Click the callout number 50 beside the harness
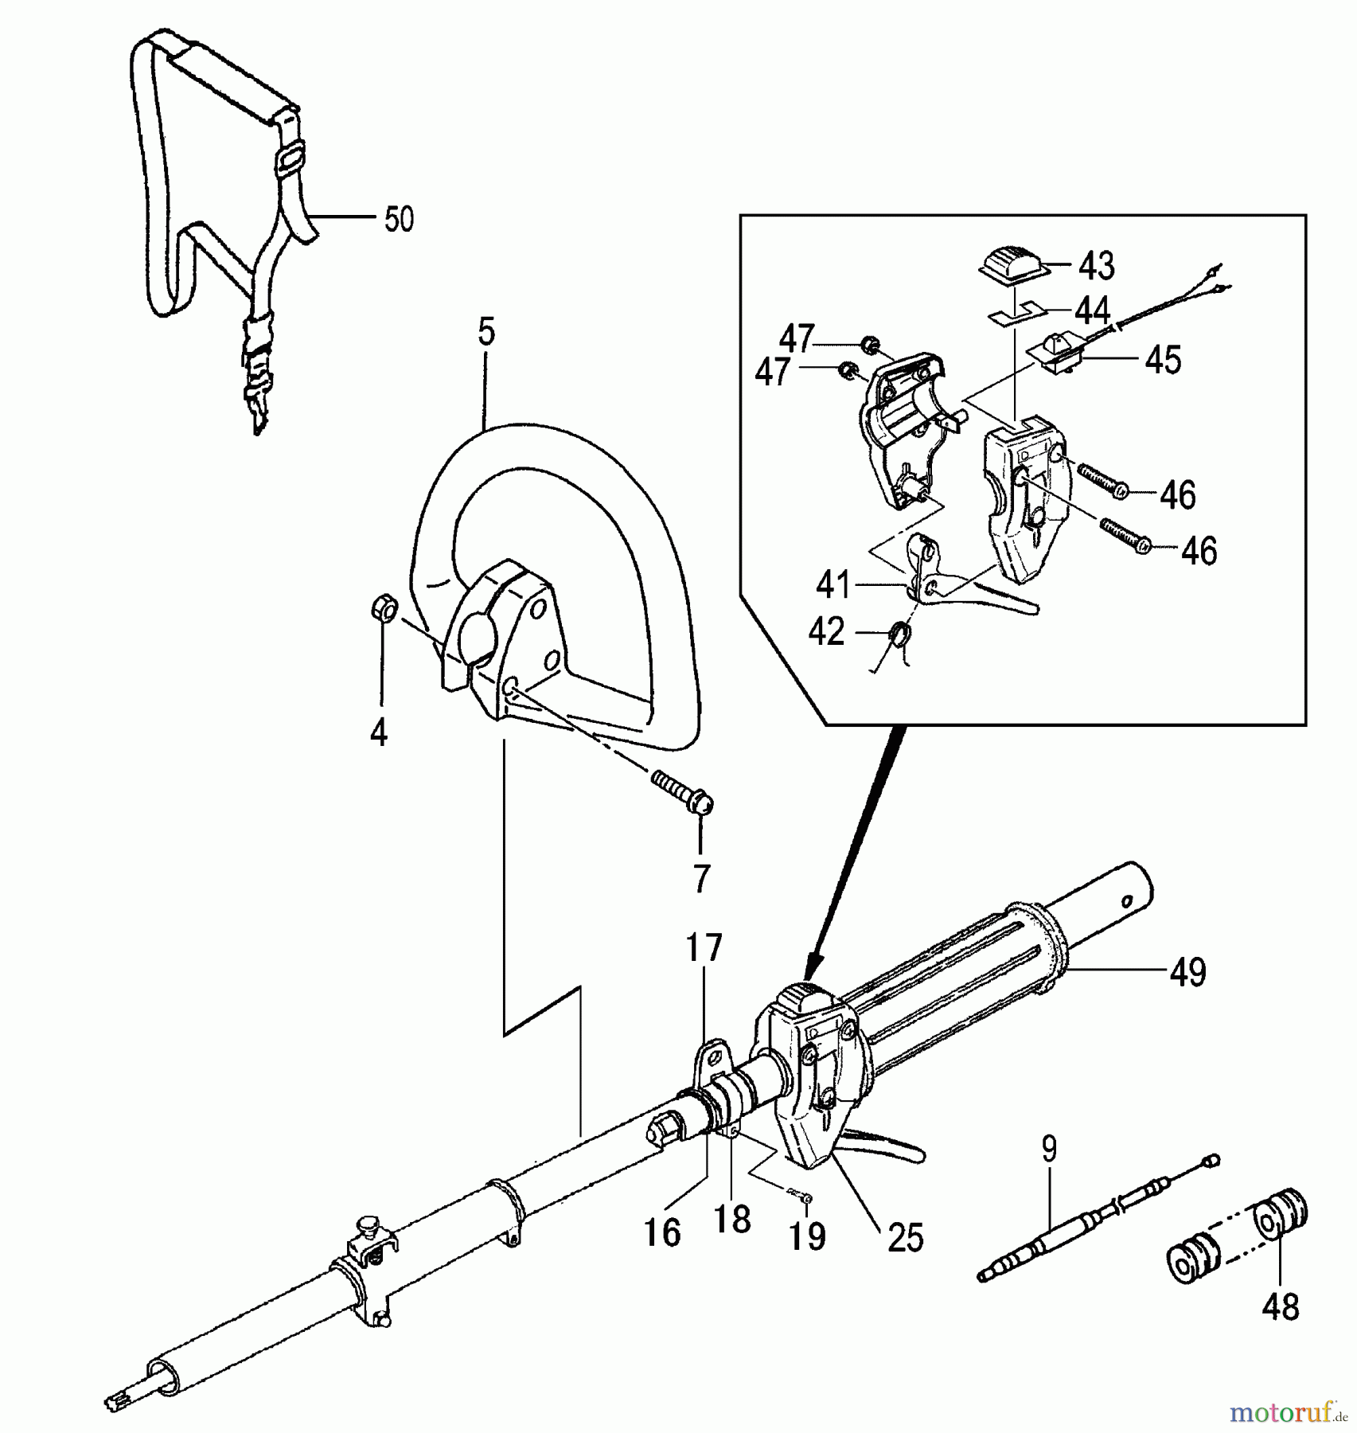399,219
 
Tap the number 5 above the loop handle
486,332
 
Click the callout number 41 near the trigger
833,586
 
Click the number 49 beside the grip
1187,972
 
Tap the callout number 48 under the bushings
1280,1307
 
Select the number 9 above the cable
1048,1149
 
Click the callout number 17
704,948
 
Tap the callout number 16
662,1233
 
